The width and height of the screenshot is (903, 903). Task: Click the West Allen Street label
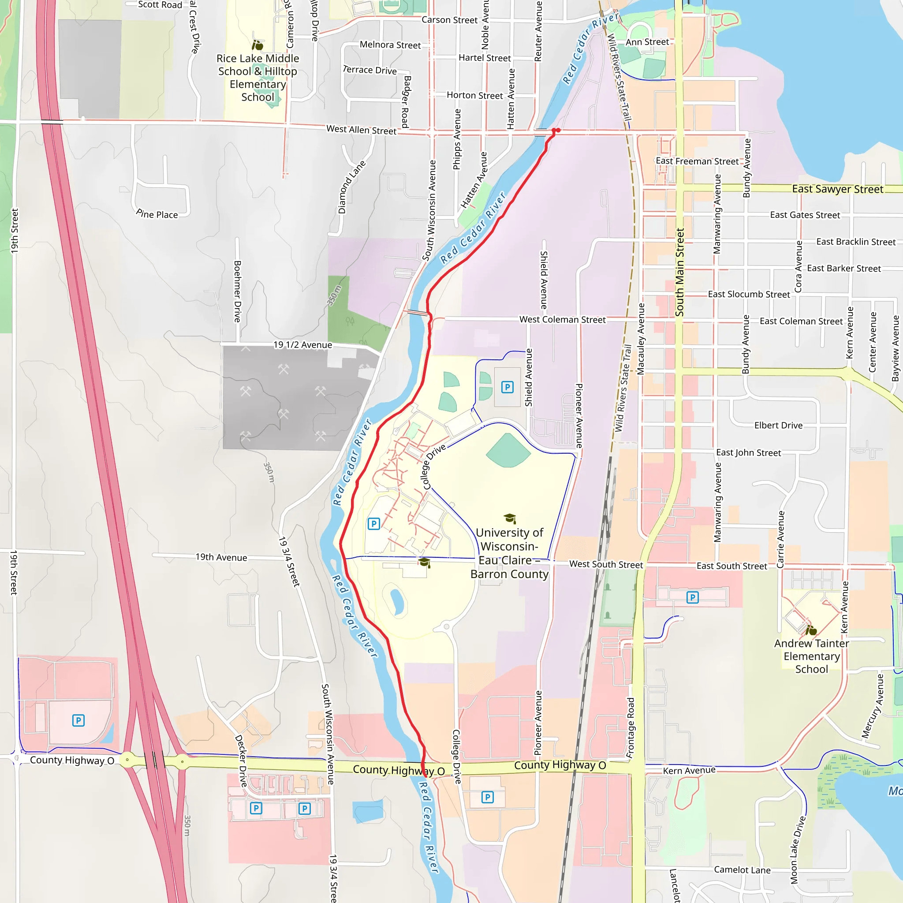pyautogui.click(x=361, y=130)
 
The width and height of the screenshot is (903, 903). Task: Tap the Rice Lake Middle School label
pyautogui.click(x=257, y=78)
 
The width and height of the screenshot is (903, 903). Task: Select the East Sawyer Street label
pyautogui.click(x=837, y=189)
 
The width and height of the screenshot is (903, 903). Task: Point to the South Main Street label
pyautogui.click(x=679, y=272)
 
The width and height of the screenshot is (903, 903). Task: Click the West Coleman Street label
pyautogui.click(x=562, y=320)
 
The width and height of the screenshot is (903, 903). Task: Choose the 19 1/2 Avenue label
pyautogui.click(x=302, y=345)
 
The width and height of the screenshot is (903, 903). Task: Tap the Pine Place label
pyautogui.click(x=157, y=214)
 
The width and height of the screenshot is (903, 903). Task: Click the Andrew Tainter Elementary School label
pyautogui.click(x=811, y=656)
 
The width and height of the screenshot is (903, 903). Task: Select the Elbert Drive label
pyautogui.click(x=778, y=425)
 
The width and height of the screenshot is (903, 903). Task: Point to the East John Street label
pyautogui.click(x=748, y=452)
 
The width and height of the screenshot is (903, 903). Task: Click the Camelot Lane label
pyautogui.click(x=742, y=870)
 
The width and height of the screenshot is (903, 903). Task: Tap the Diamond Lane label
pyautogui.click(x=351, y=187)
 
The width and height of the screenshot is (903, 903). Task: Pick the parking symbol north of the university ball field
pyautogui.click(x=507, y=387)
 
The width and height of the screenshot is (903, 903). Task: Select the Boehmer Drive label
pyautogui.click(x=238, y=291)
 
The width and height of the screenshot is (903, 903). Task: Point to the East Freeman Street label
pyautogui.click(x=697, y=161)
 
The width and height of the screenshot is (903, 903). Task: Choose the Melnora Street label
pyautogui.click(x=390, y=45)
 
